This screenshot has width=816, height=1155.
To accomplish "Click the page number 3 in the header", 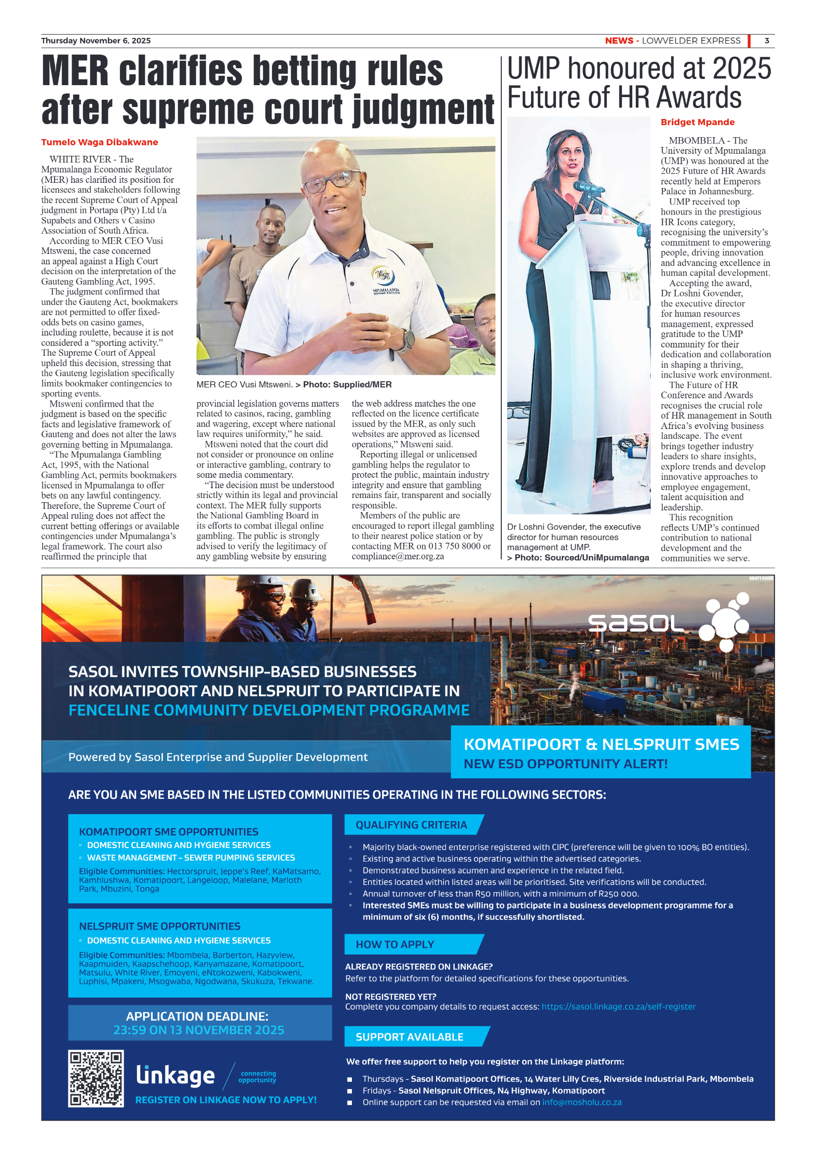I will (x=766, y=41).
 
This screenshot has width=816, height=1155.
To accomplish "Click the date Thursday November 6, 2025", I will (x=96, y=41).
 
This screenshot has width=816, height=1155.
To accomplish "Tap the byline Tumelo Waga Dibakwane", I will (x=100, y=142).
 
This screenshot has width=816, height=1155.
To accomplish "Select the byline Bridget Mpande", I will (x=697, y=122).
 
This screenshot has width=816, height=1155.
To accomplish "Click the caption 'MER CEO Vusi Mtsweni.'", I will (x=244, y=385).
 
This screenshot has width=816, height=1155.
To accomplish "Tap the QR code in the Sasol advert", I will (x=96, y=1079).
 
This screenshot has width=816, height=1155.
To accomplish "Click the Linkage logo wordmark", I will (x=175, y=1075).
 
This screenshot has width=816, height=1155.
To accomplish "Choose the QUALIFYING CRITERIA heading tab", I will (x=411, y=825).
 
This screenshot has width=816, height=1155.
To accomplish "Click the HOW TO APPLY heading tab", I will (x=395, y=944).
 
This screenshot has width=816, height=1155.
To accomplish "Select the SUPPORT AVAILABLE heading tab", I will (x=409, y=1037).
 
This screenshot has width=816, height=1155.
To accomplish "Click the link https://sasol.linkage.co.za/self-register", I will (x=618, y=1006).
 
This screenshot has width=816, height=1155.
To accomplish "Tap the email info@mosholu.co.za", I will (x=581, y=1102).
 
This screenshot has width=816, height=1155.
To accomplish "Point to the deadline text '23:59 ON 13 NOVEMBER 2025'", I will (x=199, y=1030).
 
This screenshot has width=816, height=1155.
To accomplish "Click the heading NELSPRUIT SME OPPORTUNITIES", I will (x=159, y=926).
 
